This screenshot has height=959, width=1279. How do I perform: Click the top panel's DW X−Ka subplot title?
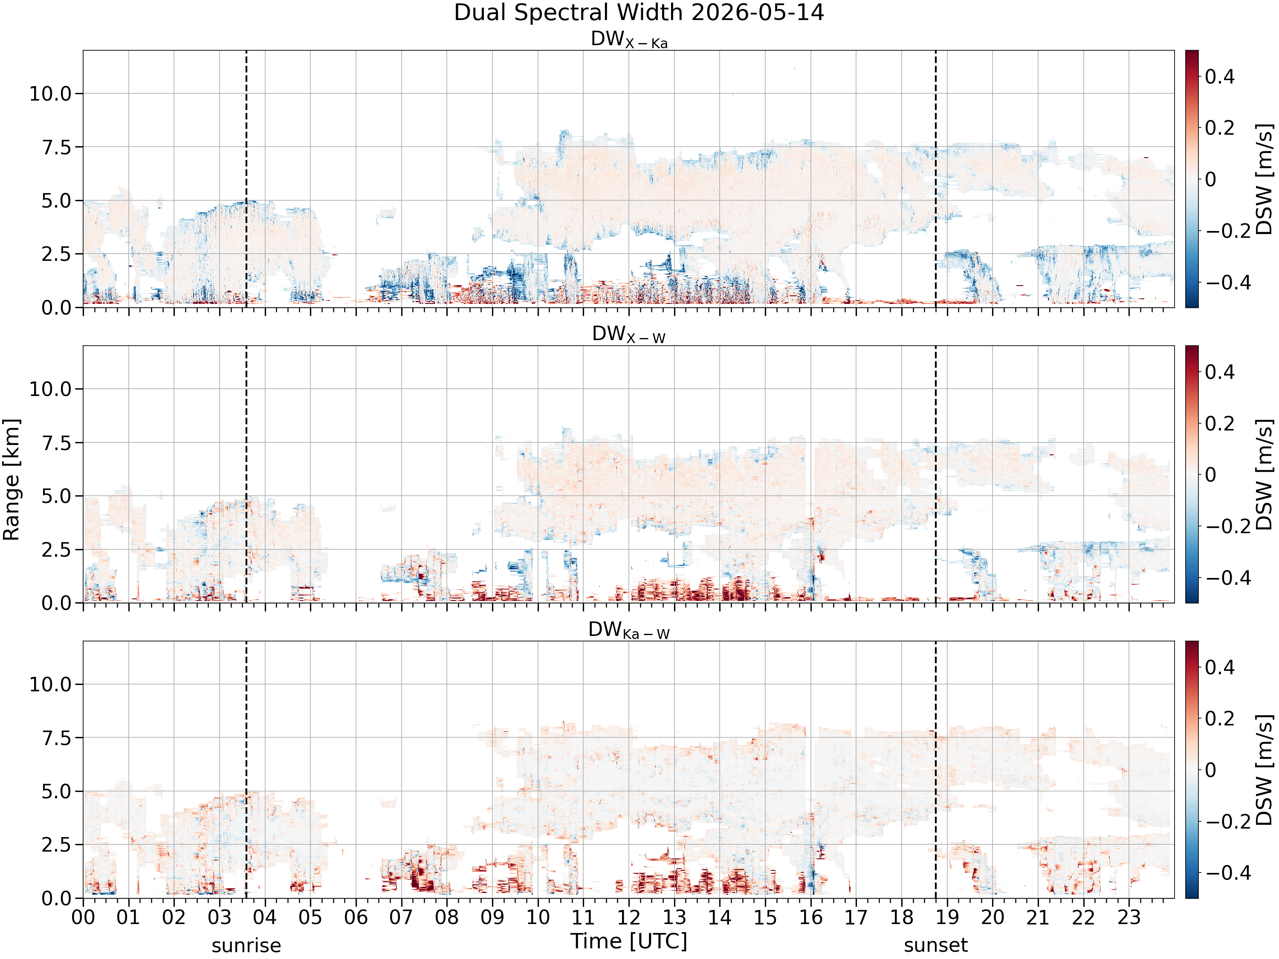(629, 40)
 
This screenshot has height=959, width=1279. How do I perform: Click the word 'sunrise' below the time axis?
(246, 946)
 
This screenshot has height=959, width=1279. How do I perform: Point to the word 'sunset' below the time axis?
(935, 946)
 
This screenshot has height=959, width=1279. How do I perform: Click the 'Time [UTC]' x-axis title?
(629, 941)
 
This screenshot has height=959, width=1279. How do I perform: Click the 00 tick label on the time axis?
(83, 917)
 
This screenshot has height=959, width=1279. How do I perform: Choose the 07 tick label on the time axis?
(401, 917)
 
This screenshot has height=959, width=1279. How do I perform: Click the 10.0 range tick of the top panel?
(50, 94)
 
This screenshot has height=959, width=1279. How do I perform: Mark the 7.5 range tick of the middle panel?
(56, 443)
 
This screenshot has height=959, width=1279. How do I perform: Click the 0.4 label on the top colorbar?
(1219, 76)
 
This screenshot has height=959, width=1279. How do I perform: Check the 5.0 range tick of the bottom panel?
(56, 791)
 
